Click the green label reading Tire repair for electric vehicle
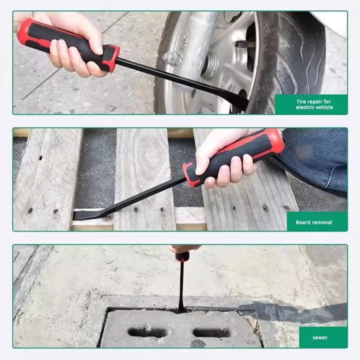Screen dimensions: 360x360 pos(311,104)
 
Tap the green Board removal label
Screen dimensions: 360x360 pos(317,221)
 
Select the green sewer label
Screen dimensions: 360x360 pos(323,337)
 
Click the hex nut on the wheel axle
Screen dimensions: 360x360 pos(170,57)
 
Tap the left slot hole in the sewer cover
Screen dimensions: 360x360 pos(148,333)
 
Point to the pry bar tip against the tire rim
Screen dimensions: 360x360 pos(239,101)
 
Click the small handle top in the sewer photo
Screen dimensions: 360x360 pos(182,256)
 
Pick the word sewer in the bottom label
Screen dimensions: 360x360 pos(320,338)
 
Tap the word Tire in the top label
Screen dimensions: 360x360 pos(301,102)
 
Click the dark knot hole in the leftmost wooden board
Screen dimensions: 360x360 pos(41,158)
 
